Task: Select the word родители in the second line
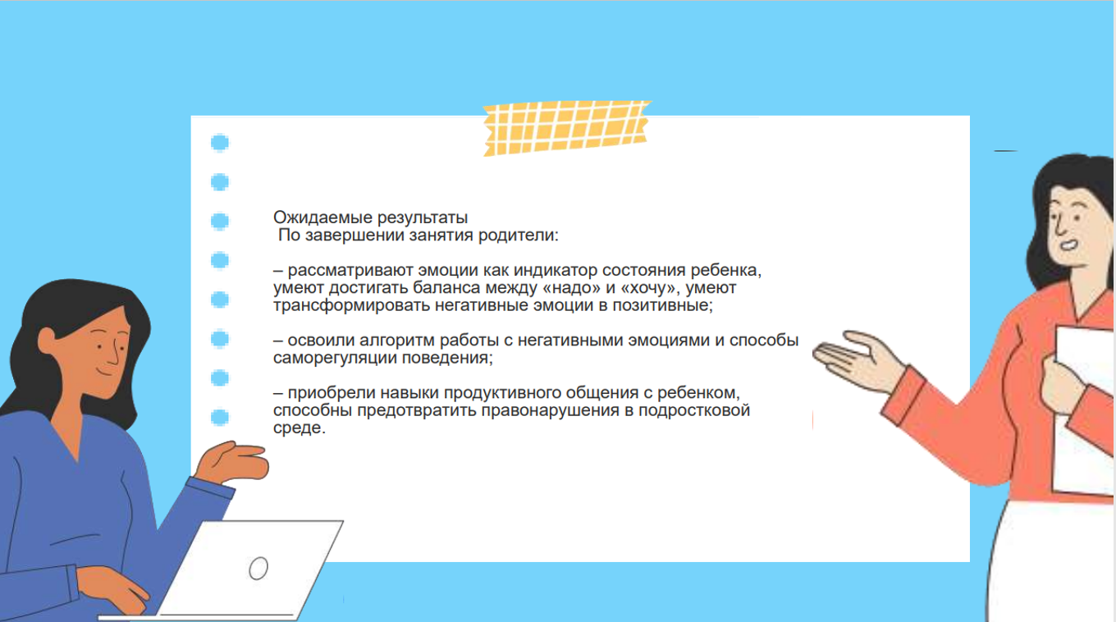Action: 518,236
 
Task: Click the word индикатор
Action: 556,271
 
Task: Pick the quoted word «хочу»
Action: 648,289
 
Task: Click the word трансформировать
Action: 352,306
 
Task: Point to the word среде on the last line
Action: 299,428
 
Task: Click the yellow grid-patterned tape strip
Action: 566,128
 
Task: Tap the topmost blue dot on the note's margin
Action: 220,143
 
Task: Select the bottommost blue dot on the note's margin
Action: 220,418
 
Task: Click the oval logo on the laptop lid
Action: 258,568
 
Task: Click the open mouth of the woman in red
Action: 1068,245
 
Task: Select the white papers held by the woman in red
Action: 1084,409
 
